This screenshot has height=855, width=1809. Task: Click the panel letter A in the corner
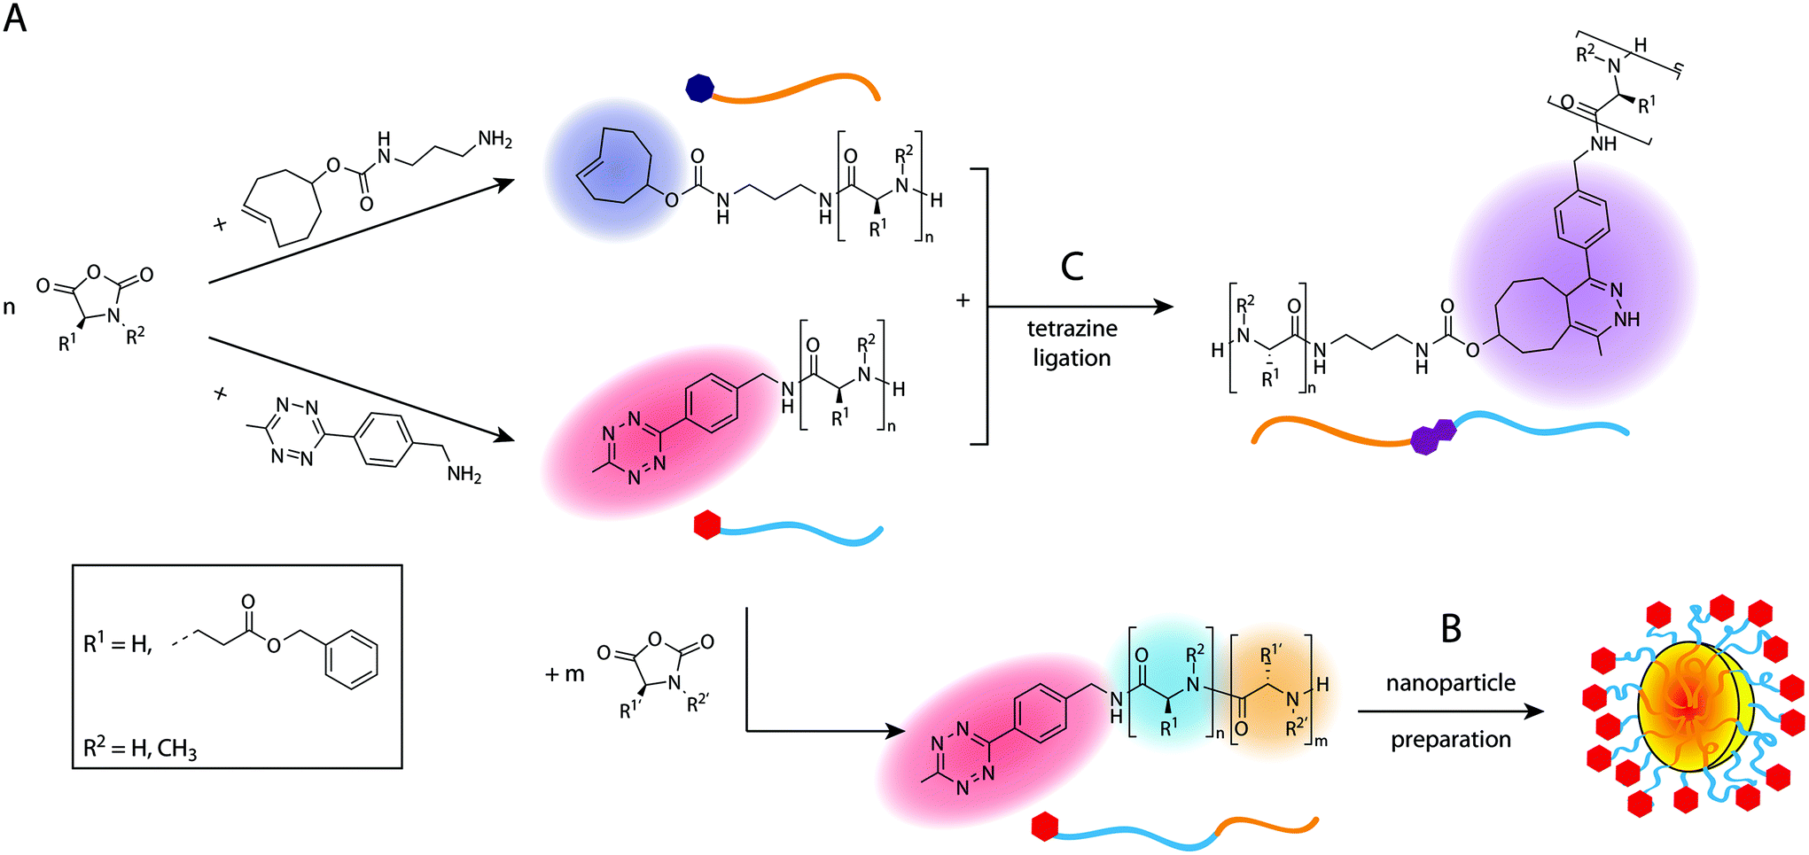pyautogui.click(x=15, y=18)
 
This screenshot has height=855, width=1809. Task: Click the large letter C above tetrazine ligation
pyautogui.click(x=1072, y=266)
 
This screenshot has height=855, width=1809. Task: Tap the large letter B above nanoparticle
pyautogui.click(x=1451, y=629)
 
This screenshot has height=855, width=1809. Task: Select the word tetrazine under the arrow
pyautogui.click(x=1072, y=329)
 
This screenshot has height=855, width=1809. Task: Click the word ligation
pyautogui.click(x=1072, y=358)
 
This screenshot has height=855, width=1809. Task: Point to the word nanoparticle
pyautogui.click(x=1450, y=683)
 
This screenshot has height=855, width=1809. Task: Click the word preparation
pyautogui.click(x=1450, y=739)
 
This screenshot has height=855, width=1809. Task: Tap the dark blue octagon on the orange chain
pyautogui.click(x=699, y=88)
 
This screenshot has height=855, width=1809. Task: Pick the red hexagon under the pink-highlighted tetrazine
pyautogui.click(x=706, y=525)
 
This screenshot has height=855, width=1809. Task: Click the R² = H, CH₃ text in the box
pyautogui.click(x=140, y=749)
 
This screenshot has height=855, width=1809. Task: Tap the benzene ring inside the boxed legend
pyautogui.click(x=352, y=659)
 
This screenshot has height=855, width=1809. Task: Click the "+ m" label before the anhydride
pyautogui.click(x=565, y=674)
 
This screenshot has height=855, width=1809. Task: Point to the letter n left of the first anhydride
pyautogui.click(x=10, y=308)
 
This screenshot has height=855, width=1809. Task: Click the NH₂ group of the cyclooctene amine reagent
pyautogui.click(x=495, y=139)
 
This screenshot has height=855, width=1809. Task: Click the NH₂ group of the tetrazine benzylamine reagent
pyautogui.click(x=464, y=475)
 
